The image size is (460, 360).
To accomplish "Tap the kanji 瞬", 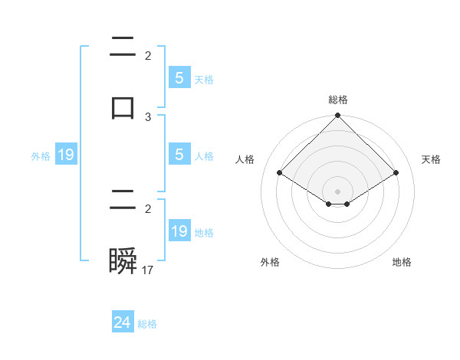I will click(123, 262).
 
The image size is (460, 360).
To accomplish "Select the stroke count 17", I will click(149, 270).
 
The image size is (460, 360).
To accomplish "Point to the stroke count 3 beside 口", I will click(148, 116).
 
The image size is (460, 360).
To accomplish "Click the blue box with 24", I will click(123, 322).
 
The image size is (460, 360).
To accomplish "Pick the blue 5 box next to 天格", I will click(179, 78).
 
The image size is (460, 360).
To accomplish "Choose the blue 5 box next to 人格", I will click(179, 155).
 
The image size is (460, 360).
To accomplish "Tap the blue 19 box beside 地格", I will click(179, 231).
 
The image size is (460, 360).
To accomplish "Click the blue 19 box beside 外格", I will click(66, 155).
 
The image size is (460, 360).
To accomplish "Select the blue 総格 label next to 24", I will click(147, 324).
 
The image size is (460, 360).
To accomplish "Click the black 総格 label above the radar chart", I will click(338, 100).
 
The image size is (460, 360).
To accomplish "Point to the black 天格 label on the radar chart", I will click(431, 159).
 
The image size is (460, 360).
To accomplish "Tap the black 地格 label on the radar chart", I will click(402, 262).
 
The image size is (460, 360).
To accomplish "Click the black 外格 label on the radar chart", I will click(270, 262).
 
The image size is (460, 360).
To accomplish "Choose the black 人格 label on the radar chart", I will click(245, 159).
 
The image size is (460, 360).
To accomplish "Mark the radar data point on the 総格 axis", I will click(338, 116).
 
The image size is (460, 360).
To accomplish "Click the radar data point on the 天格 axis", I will click(396, 172).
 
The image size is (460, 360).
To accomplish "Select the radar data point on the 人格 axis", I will click(280, 172).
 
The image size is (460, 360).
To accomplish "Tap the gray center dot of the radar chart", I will click(338, 191).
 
